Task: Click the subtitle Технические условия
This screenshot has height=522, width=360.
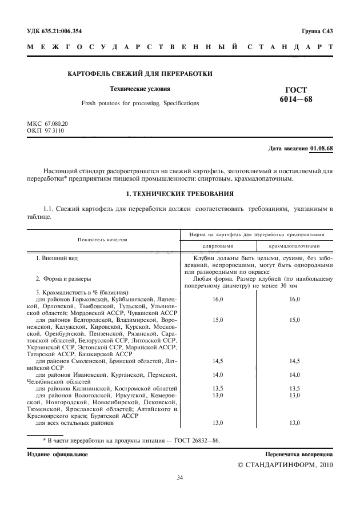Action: click(x=140, y=89)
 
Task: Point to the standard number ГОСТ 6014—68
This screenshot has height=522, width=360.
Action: click(x=295, y=95)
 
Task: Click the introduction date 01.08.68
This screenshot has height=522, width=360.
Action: click(x=321, y=149)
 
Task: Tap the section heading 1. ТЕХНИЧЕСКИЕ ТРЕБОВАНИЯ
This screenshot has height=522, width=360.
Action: click(x=179, y=194)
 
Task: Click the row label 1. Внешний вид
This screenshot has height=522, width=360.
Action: click(x=56, y=258)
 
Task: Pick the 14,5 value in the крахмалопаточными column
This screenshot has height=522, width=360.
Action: click(x=294, y=361)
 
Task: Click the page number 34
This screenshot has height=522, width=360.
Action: click(x=180, y=478)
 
